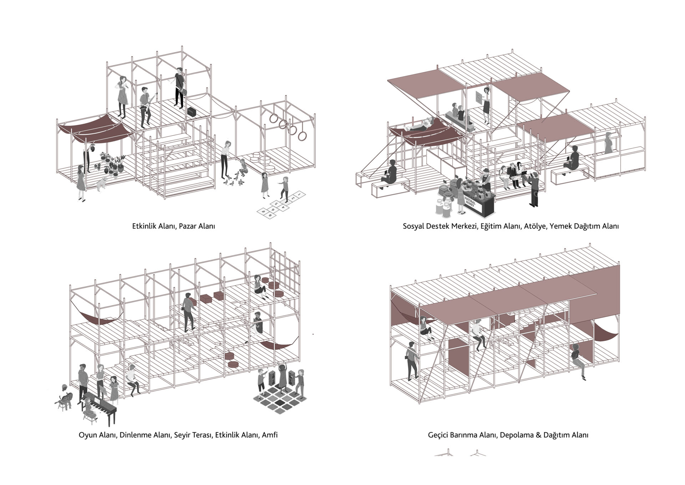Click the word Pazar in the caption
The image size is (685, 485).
tap(188, 226)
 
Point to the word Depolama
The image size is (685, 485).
tap(519, 435)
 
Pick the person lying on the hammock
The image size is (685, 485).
tap(422, 125)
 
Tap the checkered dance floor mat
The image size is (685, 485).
tap(280, 399)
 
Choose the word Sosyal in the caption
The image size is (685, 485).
tap(414, 226)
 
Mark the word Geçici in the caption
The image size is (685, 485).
tap(438, 435)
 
